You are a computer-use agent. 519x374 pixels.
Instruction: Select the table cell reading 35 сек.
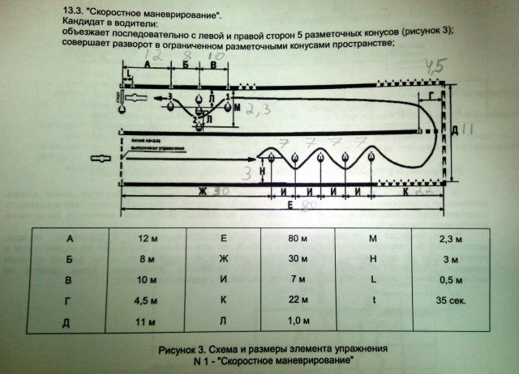click(455, 300)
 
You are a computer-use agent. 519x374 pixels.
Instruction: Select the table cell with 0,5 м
click(455, 280)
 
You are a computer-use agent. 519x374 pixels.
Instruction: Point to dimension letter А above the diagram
click(145, 64)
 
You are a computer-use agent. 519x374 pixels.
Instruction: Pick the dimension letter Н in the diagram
click(263, 172)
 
